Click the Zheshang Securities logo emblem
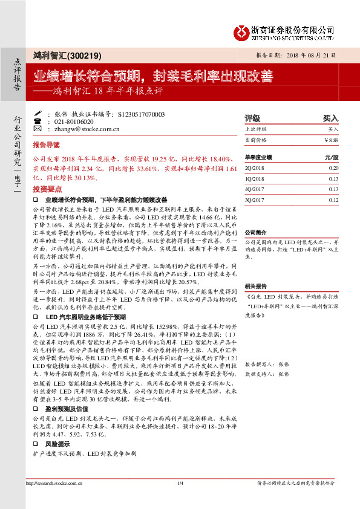coord(243,31)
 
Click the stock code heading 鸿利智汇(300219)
coord(64,55)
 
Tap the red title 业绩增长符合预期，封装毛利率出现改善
coord(152,77)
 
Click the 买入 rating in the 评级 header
coord(330,118)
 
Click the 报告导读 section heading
coord(46,146)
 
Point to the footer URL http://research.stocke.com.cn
coord(53,483)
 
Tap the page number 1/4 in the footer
coord(180,483)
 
